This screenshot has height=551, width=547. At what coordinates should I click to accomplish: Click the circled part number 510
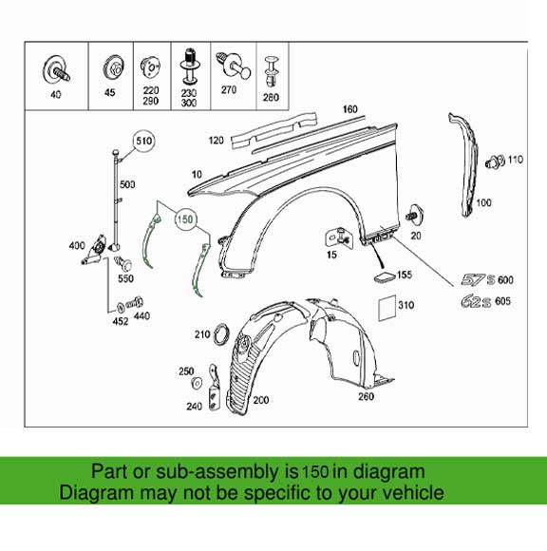click(142, 142)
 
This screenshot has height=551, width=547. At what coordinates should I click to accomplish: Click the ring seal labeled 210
click(219, 333)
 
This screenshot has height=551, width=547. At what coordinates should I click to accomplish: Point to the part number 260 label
click(365, 396)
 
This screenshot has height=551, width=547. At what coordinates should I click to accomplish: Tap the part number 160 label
click(350, 109)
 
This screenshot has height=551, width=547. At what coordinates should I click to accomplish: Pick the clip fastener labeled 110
click(495, 160)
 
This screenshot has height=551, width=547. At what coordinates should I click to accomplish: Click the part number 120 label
click(217, 141)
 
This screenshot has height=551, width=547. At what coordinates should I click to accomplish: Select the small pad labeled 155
click(384, 275)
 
